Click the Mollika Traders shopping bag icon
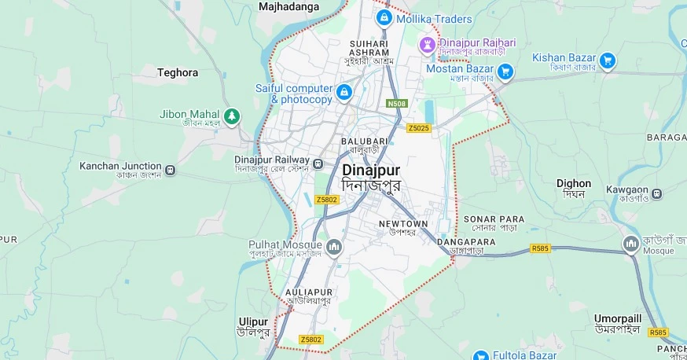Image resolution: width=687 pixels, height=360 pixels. click(384, 17)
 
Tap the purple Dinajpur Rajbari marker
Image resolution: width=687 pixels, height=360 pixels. click(428, 43)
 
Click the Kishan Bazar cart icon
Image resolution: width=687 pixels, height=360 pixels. click(607, 59)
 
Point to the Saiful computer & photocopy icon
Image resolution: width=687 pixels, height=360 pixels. click(343, 94)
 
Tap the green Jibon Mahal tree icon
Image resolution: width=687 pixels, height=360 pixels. click(231, 117)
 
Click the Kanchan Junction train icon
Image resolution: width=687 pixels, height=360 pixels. click(170, 167)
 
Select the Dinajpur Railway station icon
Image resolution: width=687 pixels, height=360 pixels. click(318, 163)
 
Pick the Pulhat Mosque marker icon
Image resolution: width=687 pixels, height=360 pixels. click(334, 248)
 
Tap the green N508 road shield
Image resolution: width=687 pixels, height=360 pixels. click(396, 104)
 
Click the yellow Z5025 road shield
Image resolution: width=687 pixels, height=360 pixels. click(419, 128)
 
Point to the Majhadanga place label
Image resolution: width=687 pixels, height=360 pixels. click(289, 6)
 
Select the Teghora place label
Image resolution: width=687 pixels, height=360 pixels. click(178, 72)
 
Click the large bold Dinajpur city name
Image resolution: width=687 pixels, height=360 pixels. click(371, 170)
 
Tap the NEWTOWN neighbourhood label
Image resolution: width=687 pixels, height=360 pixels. click(403, 224)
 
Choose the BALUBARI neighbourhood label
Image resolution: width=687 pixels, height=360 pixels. click(360, 141)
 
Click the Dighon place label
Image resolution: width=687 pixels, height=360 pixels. click(573, 184)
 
